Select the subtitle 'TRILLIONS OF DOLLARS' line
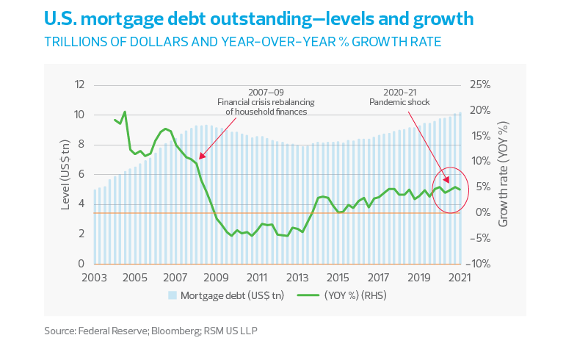242,41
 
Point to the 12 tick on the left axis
79,84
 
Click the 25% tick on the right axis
479,84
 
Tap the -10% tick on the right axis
479,264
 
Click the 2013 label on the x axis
298,278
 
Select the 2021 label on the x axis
460,278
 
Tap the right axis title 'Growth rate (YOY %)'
504,173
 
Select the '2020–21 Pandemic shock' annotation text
399,97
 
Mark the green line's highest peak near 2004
125,112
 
